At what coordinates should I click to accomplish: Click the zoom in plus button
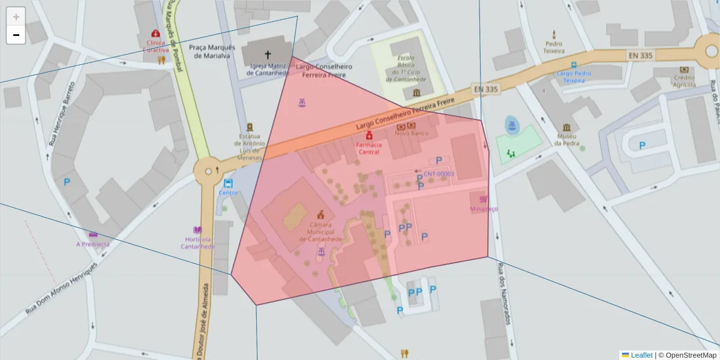pos(16,17)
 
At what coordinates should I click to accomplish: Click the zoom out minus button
pos(16,35)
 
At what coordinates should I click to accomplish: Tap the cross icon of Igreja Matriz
pos(268,55)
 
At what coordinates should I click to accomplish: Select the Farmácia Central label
pos(368,148)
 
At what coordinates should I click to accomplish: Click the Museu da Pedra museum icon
pos(567,128)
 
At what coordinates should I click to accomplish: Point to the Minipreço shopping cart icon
pos(482,199)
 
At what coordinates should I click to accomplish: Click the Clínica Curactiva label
pos(156,46)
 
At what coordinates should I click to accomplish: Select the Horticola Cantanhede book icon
pos(197,230)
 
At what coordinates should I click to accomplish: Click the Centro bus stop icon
pos(228,183)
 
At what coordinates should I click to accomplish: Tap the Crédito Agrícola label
pos(683,81)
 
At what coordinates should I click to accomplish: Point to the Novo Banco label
pos(411,133)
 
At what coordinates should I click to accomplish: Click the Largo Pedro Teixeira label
pos(574,77)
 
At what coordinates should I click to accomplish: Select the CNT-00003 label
pos(439,174)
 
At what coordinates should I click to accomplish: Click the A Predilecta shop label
pos(93,244)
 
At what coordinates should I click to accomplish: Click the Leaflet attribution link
pos(641,355)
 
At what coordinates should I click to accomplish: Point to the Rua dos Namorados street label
pos(503,295)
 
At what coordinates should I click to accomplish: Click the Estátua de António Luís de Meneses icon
pos(250,127)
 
